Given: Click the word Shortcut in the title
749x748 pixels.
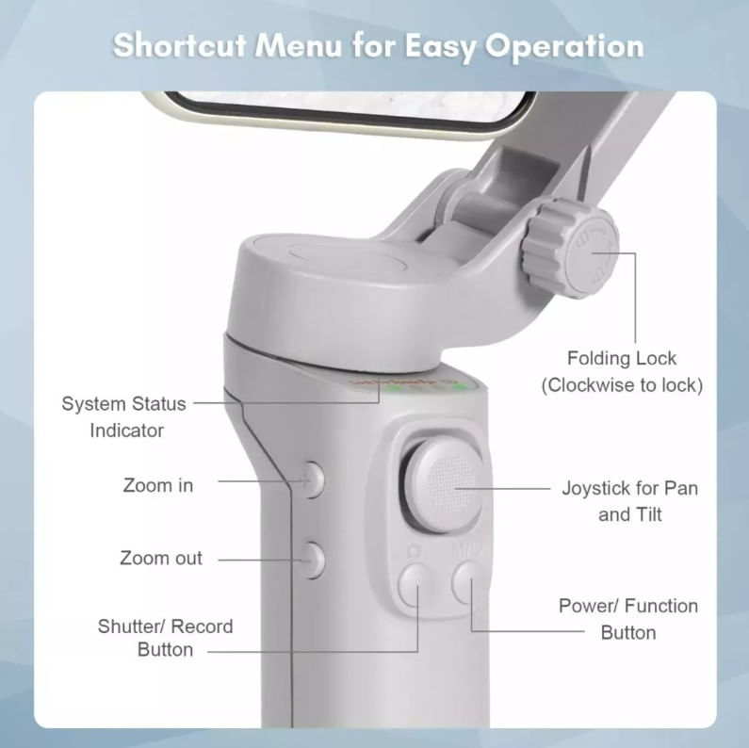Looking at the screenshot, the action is click(x=180, y=45).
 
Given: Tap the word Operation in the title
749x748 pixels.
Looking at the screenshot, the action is click(x=564, y=47).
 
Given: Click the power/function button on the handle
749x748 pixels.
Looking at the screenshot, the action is click(x=466, y=582).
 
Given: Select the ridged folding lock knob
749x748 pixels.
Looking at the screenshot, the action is click(x=570, y=248).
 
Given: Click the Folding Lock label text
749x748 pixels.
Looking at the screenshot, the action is click(x=622, y=358).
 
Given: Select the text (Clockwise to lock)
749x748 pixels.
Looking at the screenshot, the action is click(x=622, y=385).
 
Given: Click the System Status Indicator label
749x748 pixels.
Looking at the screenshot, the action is click(x=124, y=417).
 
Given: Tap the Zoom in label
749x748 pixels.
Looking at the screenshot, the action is click(x=158, y=485).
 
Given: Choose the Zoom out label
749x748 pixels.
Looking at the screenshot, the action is click(x=161, y=558).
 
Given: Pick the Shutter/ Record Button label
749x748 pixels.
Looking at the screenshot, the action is click(x=165, y=638).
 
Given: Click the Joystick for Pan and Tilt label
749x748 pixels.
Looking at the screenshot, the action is click(x=629, y=501).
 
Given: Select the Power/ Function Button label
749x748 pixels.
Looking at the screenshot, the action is click(x=628, y=619).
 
